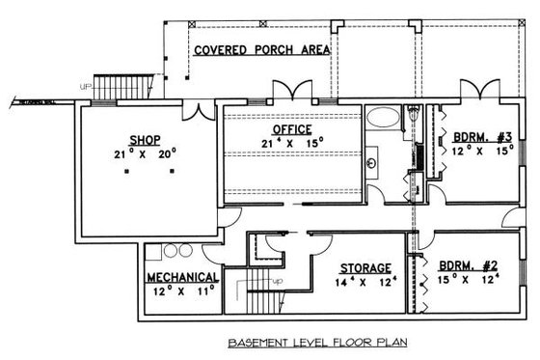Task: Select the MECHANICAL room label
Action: [x=182, y=278]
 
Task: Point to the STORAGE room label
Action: [x=364, y=267]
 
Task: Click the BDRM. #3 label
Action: [x=479, y=136]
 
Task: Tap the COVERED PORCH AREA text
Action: [x=260, y=50]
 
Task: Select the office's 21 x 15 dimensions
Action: [x=291, y=143]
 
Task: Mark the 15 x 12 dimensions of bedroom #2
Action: [x=466, y=280]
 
